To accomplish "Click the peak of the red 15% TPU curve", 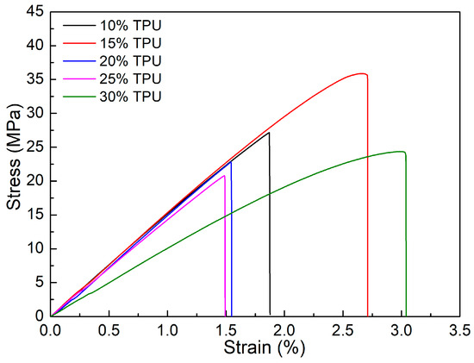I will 362,73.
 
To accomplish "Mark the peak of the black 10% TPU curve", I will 269,132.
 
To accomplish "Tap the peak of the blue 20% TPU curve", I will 230,161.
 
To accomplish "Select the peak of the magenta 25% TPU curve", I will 224,176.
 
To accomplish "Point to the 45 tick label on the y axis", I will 35,11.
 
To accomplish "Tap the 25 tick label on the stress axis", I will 35,147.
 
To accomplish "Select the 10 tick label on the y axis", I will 35,248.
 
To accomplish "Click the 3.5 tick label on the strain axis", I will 459,329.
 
